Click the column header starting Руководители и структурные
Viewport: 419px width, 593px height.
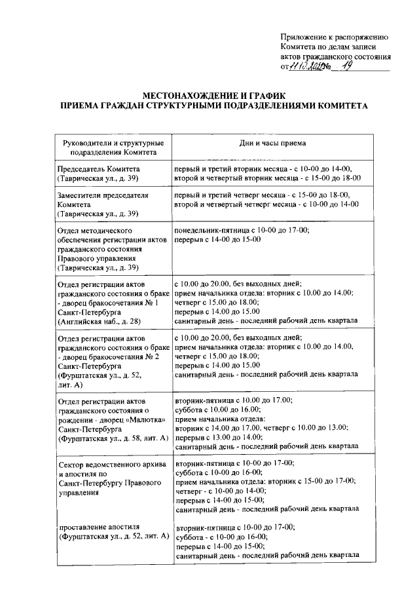click(109, 143)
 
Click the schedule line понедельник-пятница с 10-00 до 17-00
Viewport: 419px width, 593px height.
click(242, 231)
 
